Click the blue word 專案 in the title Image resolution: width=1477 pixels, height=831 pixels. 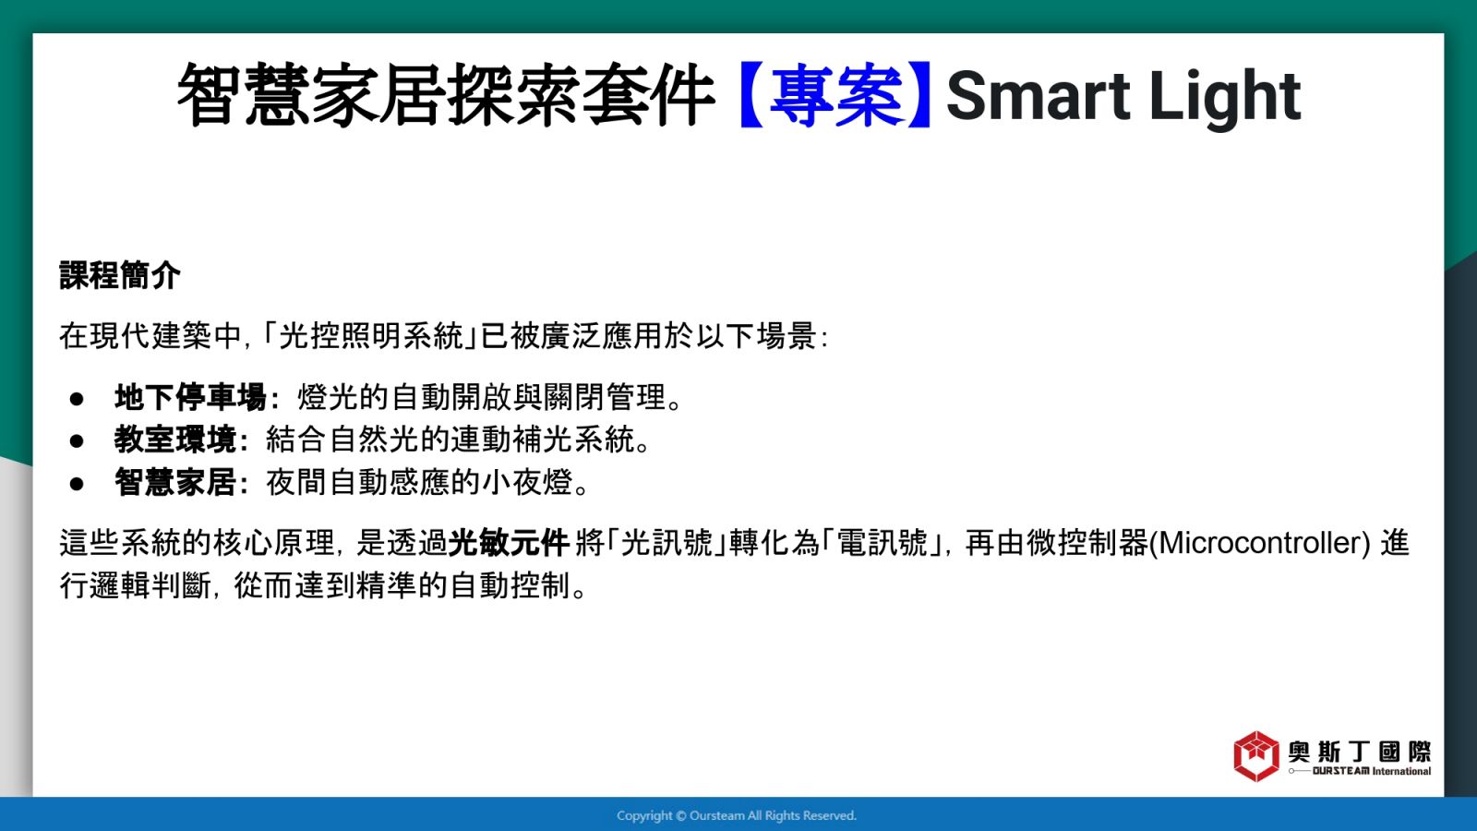pyautogui.click(x=836, y=95)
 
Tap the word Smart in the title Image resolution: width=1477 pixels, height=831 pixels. pyautogui.click(x=1038, y=96)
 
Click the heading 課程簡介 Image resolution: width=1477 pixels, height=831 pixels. pyautogui.click(x=119, y=275)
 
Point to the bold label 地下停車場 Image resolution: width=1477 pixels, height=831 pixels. pyautogui.click(x=190, y=398)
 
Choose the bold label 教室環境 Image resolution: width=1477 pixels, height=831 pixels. pyautogui.click(x=174, y=440)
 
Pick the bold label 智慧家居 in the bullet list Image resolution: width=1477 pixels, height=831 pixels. pyautogui.click(x=174, y=483)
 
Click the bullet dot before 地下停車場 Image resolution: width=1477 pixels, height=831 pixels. pyautogui.click(x=77, y=399)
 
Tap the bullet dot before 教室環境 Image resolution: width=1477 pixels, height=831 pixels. pyautogui.click(x=77, y=441)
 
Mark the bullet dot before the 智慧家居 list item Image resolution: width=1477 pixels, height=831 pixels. pyautogui.click(x=77, y=484)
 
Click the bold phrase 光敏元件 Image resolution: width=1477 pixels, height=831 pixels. pyautogui.click(x=509, y=544)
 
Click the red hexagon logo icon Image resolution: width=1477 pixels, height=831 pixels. pyautogui.click(x=1256, y=756)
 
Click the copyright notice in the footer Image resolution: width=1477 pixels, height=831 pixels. pyautogui.click(x=737, y=816)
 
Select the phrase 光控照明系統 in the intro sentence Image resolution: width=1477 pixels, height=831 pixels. pyautogui.click(x=371, y=336)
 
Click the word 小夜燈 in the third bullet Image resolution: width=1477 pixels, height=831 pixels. pyautogui.click(x=527, y=483)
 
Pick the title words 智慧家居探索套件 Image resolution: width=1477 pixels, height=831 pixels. pyautogui.click(x=447, y=95)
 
